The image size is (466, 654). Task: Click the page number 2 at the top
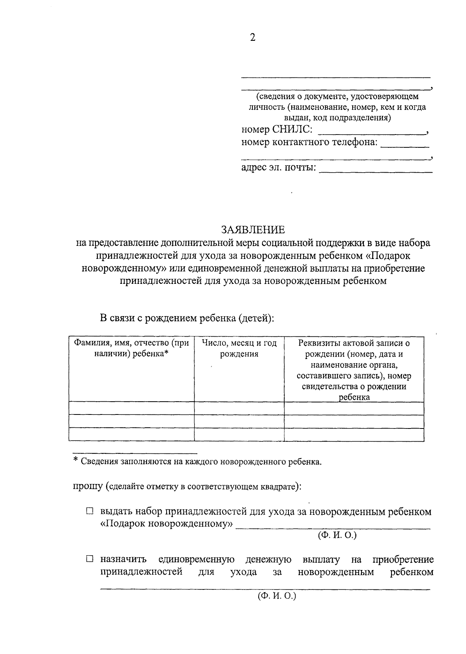[x=253, y=38]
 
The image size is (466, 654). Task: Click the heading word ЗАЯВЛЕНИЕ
[x=253, y=230]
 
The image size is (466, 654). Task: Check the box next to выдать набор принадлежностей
[x=90, y=511]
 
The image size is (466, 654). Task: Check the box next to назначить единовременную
[x=90, y=560]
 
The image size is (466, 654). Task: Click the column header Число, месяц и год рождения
[x=239, y=348]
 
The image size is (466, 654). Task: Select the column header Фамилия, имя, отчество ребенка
[x=132, y=348]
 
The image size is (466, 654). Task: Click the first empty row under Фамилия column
[x=132, y=408]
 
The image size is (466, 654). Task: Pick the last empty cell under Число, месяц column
[x=239, y=434]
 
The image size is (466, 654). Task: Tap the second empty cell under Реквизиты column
[x=354, y=421]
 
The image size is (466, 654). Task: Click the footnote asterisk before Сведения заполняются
[x=76, y=461]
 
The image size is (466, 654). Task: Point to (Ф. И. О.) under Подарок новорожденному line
[x=337, y=535]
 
